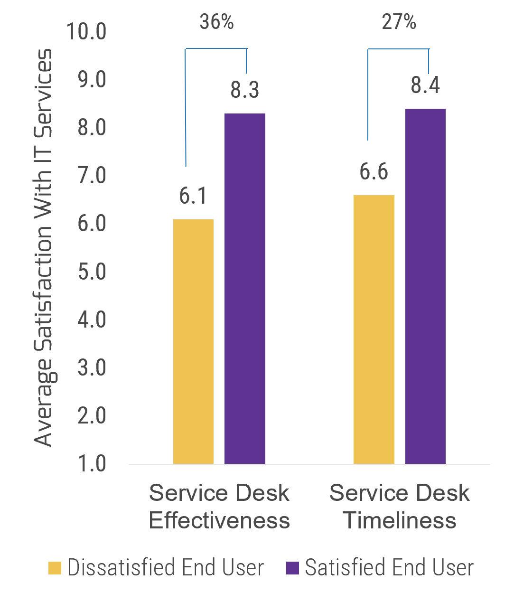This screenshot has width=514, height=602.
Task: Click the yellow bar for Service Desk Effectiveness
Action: point(193,341)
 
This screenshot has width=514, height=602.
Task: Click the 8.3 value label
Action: point(245,90)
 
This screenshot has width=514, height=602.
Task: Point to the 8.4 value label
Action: point(425,85)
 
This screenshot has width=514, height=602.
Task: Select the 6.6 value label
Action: point(374,171)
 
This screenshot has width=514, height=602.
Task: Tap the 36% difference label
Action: point(216,24)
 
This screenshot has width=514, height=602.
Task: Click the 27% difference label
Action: point(399,24)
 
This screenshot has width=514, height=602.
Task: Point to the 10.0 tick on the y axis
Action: point(86,32)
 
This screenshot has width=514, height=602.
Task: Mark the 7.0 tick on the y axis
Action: point(92,177)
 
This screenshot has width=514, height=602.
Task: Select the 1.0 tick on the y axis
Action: point(92,463)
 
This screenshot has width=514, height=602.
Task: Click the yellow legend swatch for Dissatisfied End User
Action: point(55,568)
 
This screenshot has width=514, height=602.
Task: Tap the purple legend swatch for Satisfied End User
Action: point(293,568)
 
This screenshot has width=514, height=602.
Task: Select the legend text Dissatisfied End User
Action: point(166,568)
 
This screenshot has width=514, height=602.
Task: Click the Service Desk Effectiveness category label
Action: point(219,507)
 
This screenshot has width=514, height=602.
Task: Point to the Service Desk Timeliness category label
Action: point(400,507)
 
